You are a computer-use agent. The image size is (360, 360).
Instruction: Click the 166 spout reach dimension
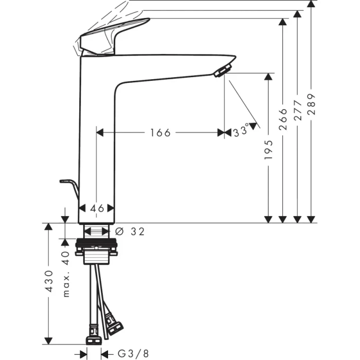pyautogui.click(x=160, y=133)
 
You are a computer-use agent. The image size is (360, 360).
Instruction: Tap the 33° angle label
pyautogui.click(x=240, y=131)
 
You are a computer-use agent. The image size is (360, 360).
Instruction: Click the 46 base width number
pyautogui.click(x=97, y=208)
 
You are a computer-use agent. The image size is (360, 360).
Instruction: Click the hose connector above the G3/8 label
pyautogui.click(x=94, y=340)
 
